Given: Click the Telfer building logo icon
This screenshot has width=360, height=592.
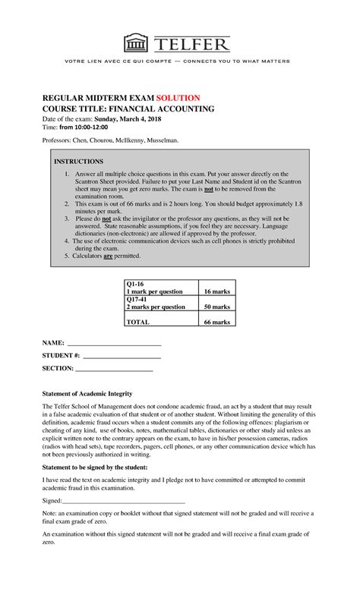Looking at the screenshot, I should click(137, 42).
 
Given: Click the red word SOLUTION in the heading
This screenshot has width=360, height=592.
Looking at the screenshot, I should click(178, 98).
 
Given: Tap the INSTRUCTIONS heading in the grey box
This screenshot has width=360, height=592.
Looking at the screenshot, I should click(78, 162).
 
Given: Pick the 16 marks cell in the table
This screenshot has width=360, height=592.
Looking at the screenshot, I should click(216, 291).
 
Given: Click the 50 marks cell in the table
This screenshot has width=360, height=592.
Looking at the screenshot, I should click(216, 307).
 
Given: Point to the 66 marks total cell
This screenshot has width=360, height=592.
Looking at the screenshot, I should click(216, 322).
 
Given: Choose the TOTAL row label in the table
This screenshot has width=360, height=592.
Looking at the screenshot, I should click(138, 322).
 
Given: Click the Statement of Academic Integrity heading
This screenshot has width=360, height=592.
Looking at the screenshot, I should click(86, 394).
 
